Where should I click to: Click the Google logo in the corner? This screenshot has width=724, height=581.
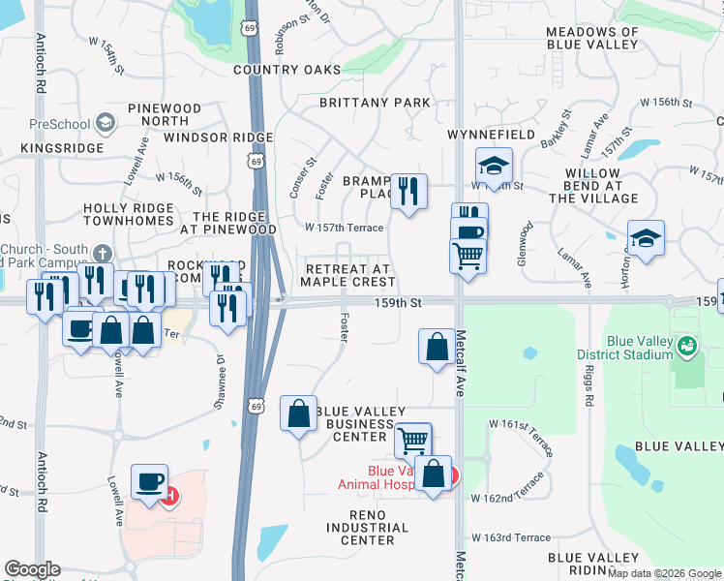coord(31,569)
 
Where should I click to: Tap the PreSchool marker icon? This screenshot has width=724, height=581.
coord(105,123)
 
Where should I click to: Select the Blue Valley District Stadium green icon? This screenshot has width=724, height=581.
coord(686,344)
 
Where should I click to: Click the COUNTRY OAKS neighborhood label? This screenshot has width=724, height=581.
coord(287,70)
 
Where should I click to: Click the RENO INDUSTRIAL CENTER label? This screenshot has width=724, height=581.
coord(367,534)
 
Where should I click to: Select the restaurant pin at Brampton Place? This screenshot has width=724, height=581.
coord(407,190)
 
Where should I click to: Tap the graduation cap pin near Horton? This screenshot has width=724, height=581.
coord(646,237)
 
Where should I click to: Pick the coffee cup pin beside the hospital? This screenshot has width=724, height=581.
coord(150,481)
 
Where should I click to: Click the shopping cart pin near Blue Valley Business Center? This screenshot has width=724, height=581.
coord(413,439)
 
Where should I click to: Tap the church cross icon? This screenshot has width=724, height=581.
coord(103,253)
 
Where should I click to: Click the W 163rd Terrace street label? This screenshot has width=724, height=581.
coord(510,537)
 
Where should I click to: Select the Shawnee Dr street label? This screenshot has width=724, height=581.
coord(220,383)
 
